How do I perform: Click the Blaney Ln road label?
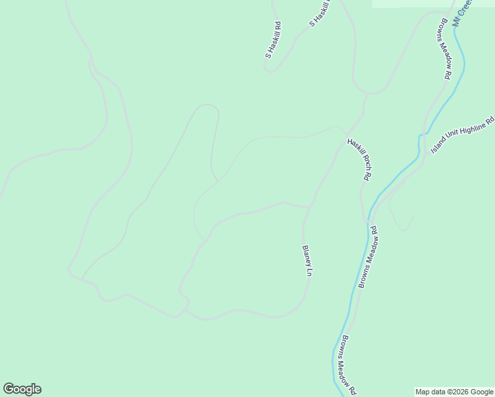pyautogui.click(x=307, y=261)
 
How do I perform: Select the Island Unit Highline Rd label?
pyautogui.click(x=463, y=135)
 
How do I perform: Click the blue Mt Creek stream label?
pyautogui.click(x=461, y=9)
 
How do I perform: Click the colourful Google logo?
pyautogui.click(x=22, y=389)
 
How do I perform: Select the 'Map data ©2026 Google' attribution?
pyautogui.click(x=455, y=392)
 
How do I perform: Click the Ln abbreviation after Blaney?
pyautogui.click(x=309, y=272)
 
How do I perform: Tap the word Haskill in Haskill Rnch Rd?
pyautogui.click(x=353, y=147)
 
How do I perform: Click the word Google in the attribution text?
pyautogui.click(x=482, y=392)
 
